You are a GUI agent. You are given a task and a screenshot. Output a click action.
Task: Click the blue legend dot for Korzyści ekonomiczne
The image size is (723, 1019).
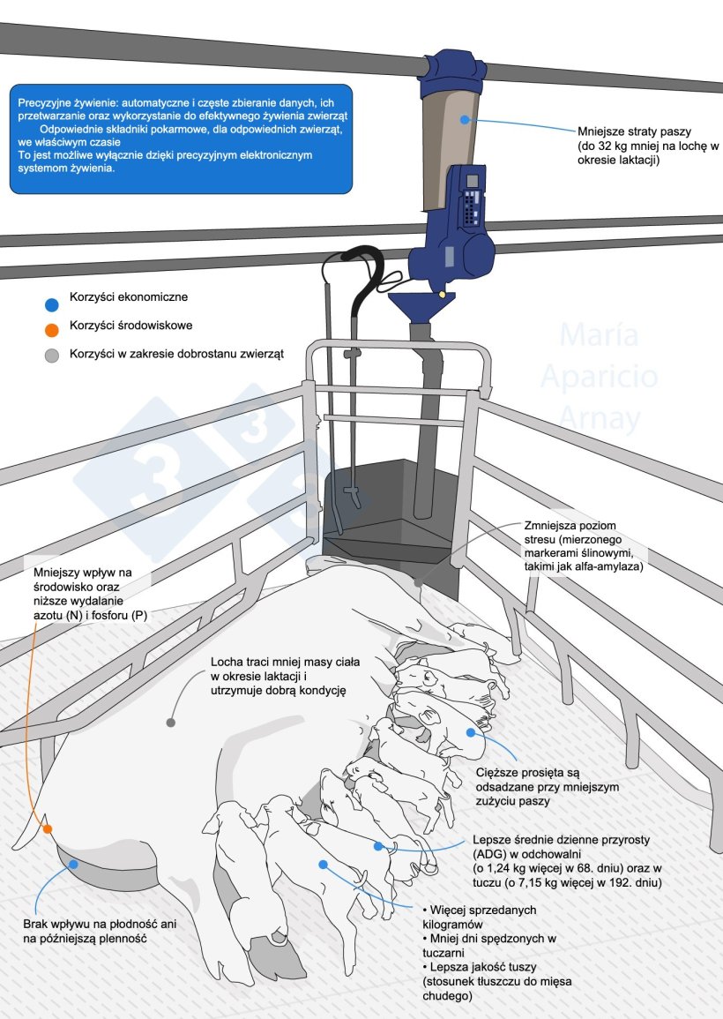[x=52, y=304]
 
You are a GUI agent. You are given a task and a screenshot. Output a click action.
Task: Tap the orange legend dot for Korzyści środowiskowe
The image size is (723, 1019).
[x=52, y=330]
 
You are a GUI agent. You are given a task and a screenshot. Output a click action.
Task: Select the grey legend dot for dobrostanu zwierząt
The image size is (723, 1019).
[x=52, y=356]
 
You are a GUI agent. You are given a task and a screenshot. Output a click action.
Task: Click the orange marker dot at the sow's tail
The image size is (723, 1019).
[x=48, y=829]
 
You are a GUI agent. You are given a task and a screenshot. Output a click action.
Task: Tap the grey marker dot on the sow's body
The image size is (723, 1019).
[x=170, y=722]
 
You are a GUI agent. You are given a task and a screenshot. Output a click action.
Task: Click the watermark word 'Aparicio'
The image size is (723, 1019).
[x=599, y=377]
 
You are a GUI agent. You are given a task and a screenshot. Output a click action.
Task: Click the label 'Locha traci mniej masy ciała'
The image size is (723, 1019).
[x=279, y=663]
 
